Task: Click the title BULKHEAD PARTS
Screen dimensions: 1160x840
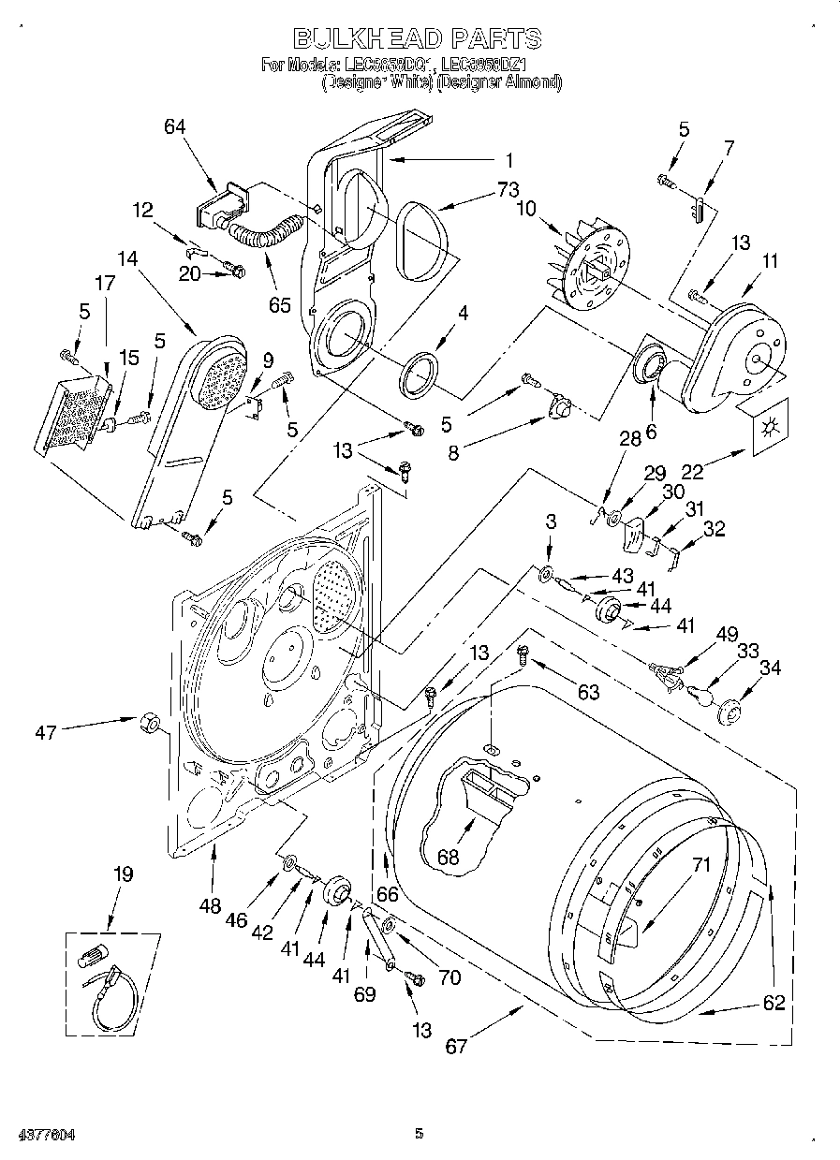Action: tap(418, 38)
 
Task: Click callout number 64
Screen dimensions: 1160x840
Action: tap(175, 128)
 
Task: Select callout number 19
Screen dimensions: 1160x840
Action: tap(123, 874)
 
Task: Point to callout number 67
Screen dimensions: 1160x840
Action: tap(456, 1046)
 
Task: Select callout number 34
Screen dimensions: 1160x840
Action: tap(771, 668)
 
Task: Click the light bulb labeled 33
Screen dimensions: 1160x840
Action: tap(700, 694)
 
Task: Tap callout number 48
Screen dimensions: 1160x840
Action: tap(211, 905)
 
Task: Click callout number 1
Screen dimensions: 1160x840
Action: tap(510, 159)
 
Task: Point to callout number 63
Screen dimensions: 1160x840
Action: tap(588, 693)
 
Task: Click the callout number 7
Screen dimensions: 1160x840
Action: tap(729, 147)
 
